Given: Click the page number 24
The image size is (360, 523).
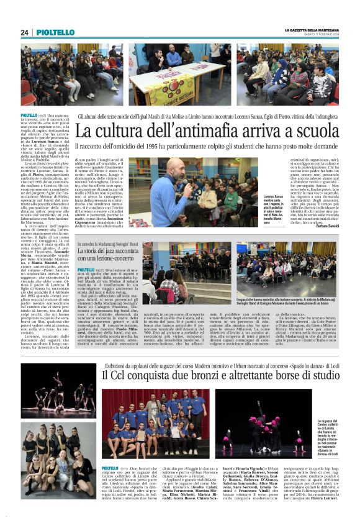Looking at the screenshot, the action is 24,32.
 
